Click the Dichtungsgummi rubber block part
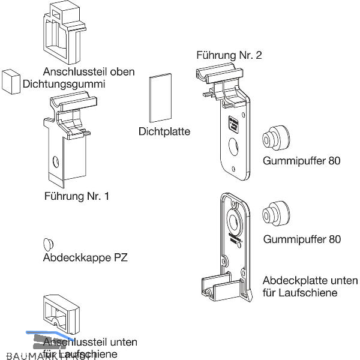tap(10, 82)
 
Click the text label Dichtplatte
tap(164, 131)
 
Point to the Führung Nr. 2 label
tap(229, 56)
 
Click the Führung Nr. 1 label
tap(76, 196)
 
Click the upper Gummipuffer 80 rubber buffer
tap(275, 140)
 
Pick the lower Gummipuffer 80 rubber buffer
tap(275, 214)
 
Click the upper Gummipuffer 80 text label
tap(302, 161)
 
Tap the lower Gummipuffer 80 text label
tap(302, 239)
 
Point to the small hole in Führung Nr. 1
tap(56, 161)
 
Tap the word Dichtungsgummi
tap(64, 85)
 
